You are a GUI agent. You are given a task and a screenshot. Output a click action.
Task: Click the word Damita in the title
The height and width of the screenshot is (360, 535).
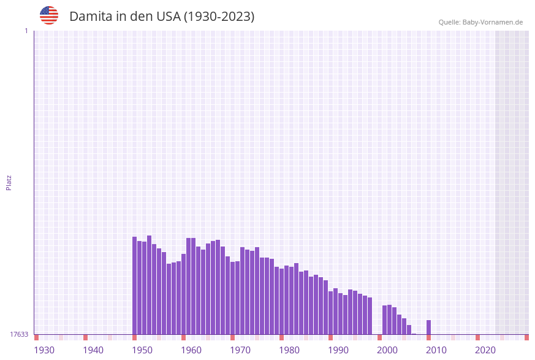tap(90, 17)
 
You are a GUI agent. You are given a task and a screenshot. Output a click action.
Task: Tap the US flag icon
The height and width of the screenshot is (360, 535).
tap(49, 15)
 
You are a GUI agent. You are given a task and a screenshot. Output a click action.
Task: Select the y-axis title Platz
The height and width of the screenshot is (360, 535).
tap(9, 182)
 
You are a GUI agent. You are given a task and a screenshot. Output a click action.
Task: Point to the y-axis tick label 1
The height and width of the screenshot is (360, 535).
tap(26, 31)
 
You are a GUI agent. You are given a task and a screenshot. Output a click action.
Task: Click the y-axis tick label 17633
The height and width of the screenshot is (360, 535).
tap(19, 334)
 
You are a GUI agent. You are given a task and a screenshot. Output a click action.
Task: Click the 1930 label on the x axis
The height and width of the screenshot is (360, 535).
tap(44, 350)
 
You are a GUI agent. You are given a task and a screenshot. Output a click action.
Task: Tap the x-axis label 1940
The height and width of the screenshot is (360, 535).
tap(93, 350)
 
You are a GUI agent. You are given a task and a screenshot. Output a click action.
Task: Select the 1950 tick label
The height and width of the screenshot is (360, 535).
tap(142, 350)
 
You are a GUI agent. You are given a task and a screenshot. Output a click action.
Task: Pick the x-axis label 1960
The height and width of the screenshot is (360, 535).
tap(191, 350)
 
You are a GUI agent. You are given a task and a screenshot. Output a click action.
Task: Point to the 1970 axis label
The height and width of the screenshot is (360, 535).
tap(240, 350)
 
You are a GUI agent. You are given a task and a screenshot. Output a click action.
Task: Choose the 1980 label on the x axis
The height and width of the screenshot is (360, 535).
tap(289, 350)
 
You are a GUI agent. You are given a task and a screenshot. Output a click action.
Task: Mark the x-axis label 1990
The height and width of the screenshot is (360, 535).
tap(338, 350)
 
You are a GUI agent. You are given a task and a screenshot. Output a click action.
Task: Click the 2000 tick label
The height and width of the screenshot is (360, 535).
tap(387, 350)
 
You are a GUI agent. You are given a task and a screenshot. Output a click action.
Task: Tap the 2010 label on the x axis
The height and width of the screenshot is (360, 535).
tap(436, 350)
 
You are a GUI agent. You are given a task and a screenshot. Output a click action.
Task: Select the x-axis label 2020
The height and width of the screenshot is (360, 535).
tap(485, 350)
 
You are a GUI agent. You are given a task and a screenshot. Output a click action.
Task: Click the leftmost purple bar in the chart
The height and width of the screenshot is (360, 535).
tap(135, 285)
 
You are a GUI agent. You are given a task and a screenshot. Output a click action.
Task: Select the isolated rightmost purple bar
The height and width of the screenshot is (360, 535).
tap(429, 327)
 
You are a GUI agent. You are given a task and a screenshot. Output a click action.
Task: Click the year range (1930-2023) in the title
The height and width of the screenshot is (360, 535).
tap(219, 17)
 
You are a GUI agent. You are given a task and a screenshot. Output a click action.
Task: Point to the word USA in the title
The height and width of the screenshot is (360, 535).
tap(168, 17)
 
